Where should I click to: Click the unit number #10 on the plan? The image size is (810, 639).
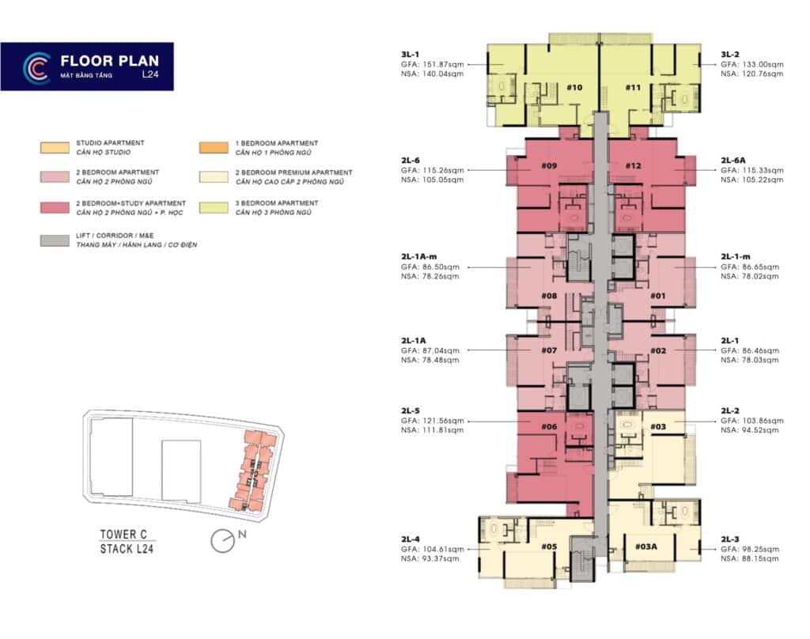(574, 87)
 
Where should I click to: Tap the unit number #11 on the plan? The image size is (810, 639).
(633, 87)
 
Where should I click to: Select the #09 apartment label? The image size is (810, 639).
(550, 165)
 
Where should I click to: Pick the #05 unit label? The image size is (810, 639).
(550, 546)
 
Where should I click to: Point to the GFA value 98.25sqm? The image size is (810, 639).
(751, 549)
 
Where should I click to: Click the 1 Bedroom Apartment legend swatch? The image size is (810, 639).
(216, 147)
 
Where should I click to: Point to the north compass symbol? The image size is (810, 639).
(225, 542)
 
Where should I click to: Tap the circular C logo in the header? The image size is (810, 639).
(36, 67)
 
